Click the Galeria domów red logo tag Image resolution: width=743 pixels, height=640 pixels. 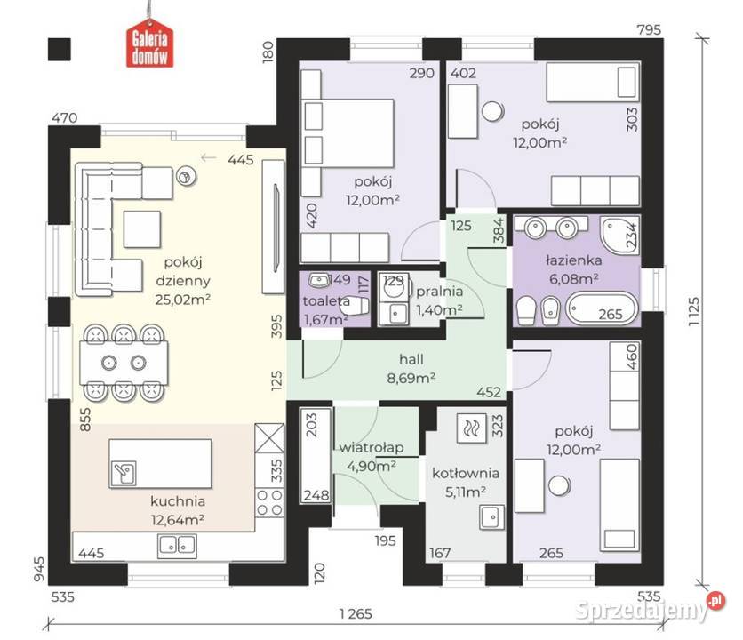click(x=149, y=46)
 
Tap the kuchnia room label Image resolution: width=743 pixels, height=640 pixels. click(x=178, y=501)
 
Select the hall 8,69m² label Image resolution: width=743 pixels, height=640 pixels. click(x=411, y=368)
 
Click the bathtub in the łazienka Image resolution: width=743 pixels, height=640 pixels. click(x=602, y=308)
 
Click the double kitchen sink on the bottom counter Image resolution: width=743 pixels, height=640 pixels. click(x=177, y=545)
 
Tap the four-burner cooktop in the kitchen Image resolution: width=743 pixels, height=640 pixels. click(x=269, y=502)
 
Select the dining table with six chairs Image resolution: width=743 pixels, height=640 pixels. click(x=124, y=363)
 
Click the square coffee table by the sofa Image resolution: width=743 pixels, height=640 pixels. click(x=141, y=229)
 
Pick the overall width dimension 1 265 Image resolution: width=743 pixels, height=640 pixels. click(x=356, y=614)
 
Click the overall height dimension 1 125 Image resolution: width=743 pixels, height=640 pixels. click(x=694, y=310)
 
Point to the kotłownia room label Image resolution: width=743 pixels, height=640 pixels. click(x=466, y=473)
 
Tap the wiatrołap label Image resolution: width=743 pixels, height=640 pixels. click(x=371, y=447)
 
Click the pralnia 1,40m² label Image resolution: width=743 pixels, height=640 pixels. click(x=439, y=300)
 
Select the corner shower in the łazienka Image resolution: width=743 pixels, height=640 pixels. click(x=619, y=236)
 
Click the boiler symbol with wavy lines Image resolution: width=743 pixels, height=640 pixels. click(x=471, y=428)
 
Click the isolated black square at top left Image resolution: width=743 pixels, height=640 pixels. click(x=60, y=49)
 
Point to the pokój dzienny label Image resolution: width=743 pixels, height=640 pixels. click(x=183, y=271)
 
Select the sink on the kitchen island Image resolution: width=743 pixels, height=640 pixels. click(x=124, y=473)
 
